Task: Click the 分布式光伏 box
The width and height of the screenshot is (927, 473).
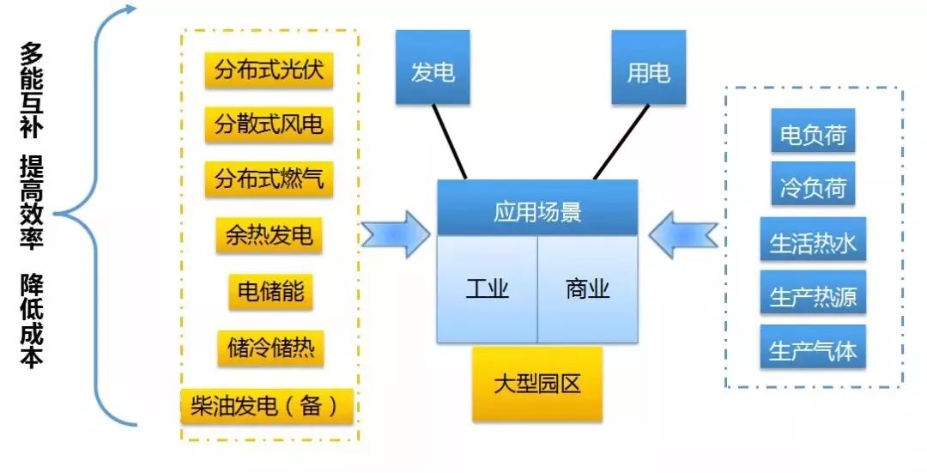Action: point(269,70)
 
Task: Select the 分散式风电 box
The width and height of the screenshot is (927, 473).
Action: point(269,124)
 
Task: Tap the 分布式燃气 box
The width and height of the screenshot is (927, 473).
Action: point(269,179)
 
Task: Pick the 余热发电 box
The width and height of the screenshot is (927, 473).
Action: point(269,235)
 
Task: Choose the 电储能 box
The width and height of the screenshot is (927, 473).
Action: point(270,292)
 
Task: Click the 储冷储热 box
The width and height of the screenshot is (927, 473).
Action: point(270,349)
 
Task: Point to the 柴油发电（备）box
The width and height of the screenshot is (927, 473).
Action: point(267,406)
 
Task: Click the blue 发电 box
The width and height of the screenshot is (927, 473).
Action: point(433,68)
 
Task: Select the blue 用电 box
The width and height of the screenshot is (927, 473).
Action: point(649,68)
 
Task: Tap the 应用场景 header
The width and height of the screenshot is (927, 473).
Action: point(537,208)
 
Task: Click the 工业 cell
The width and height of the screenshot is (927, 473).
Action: point(488,289)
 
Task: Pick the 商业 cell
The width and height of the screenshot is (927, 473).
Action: point(588,289)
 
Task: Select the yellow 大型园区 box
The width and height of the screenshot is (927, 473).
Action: point(536,385)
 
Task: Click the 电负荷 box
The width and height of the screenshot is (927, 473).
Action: point(813,130)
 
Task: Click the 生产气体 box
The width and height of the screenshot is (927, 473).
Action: point(813,347)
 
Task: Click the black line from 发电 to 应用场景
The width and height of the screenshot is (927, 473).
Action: point(449,142)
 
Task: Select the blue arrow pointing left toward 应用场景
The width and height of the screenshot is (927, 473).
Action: point(683,235)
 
